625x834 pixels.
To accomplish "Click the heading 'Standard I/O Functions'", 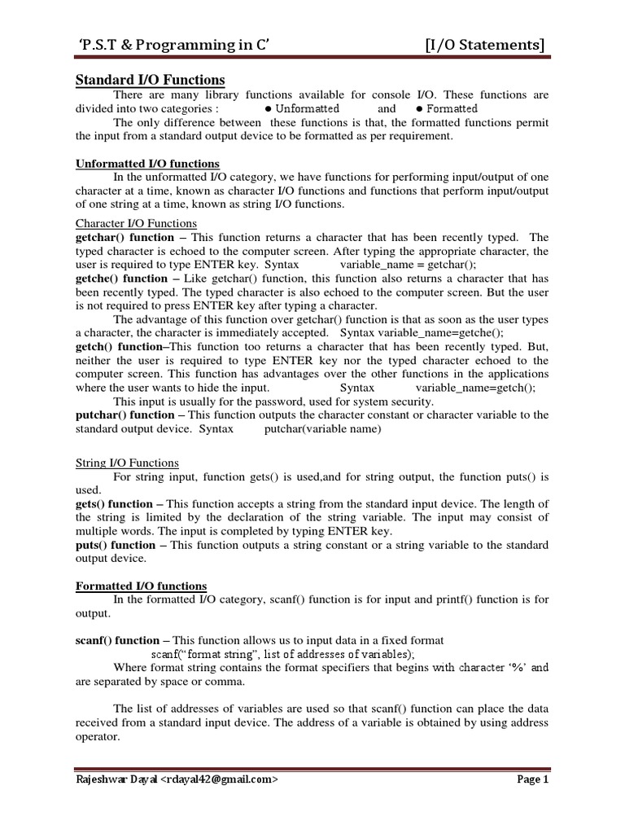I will click(x=150, y=79).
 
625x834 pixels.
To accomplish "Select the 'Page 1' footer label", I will click(x=534, y=779).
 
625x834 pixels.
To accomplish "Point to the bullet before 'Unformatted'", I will click(x=268, y=109).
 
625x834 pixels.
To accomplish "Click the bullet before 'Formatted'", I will click(x=418, y=109).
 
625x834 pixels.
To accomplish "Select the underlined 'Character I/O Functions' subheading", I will click(x=136, y=223).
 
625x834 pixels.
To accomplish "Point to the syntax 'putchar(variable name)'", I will click(x=323, y=429).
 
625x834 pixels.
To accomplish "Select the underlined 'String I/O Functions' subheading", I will click(x=127, y=463).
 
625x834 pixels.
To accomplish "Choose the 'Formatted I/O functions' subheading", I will click(x=141, y=586).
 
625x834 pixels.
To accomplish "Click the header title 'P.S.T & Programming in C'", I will click(x=169, y=44).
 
